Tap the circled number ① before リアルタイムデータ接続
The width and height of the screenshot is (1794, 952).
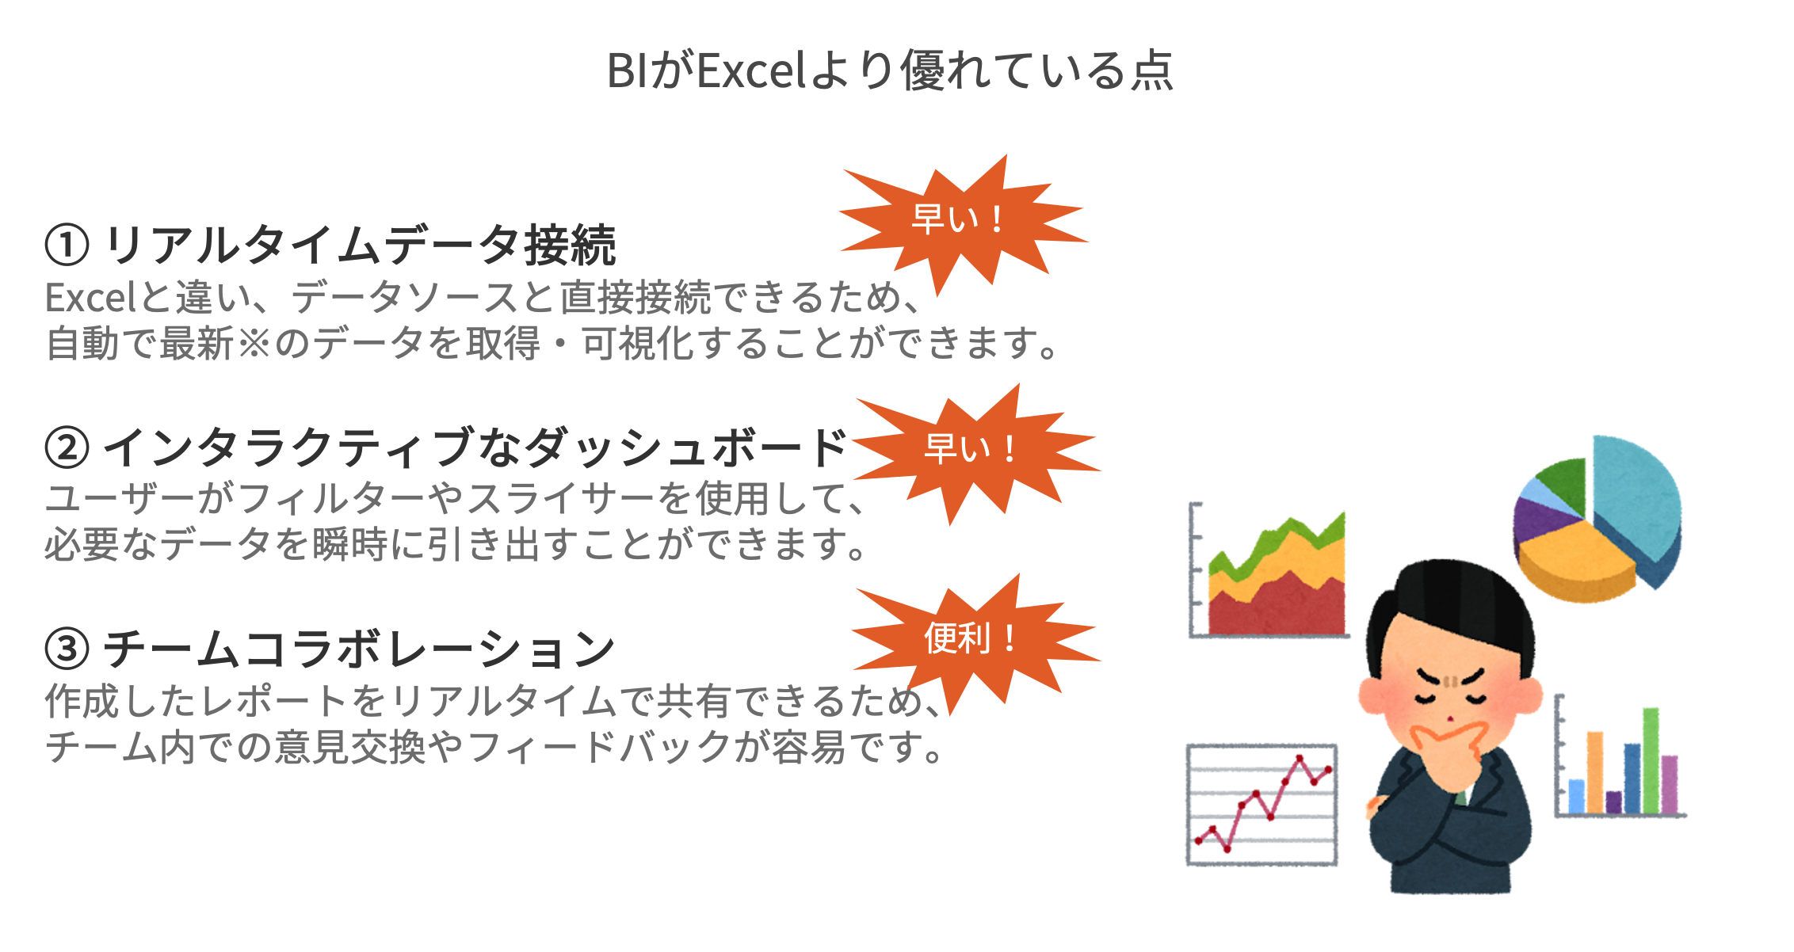(67, 245)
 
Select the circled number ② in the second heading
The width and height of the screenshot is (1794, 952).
(67, 447)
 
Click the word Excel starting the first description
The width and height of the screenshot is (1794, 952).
(92, 299)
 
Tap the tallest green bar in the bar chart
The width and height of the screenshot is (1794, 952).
(1651, 760)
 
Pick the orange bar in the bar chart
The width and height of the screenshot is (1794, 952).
(1595, 772)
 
